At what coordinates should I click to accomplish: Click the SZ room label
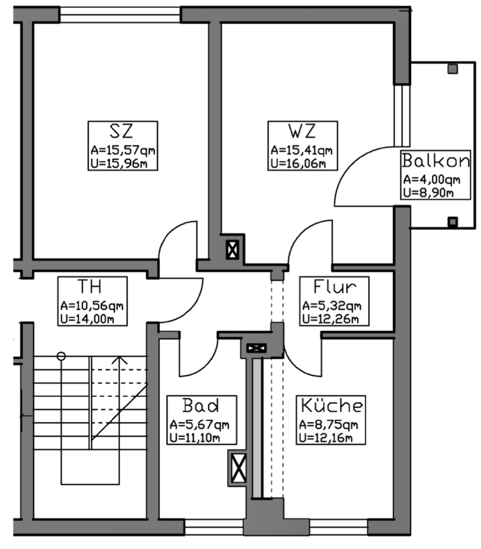[122, 132]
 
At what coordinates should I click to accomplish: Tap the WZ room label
[303, 132]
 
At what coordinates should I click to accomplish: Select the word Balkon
[436, 161]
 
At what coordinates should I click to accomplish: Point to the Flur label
[335, 286]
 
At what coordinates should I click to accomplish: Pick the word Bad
[200, 405]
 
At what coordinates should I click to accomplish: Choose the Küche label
[331, 405]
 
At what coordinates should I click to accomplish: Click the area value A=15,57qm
[123, 151]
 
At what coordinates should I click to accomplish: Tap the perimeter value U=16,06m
[299, 164]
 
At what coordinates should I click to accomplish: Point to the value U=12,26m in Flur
[331, 318]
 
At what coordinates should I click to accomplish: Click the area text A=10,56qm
[93, 305]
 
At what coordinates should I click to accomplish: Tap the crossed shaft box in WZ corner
[233, 249]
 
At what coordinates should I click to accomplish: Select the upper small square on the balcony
[452, 70]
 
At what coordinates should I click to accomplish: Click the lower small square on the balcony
[452, 221]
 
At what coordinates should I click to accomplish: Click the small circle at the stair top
[61, 356]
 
